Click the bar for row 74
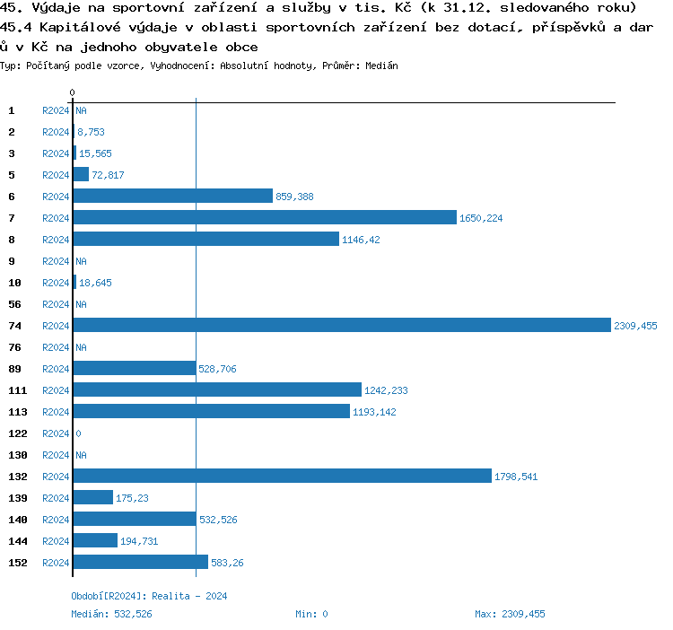342,326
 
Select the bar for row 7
265,218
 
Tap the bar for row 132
282,477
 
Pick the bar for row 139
93,498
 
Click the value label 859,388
294,197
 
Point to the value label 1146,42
361,240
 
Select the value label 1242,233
386,390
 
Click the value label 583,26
226,563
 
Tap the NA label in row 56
81,304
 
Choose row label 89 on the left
16,369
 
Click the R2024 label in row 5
56,175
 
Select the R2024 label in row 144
56,541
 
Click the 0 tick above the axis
73,93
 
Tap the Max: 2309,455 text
510,614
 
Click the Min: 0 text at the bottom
311,614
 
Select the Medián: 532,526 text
111,614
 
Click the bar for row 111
217,390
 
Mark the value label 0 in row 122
79,433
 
